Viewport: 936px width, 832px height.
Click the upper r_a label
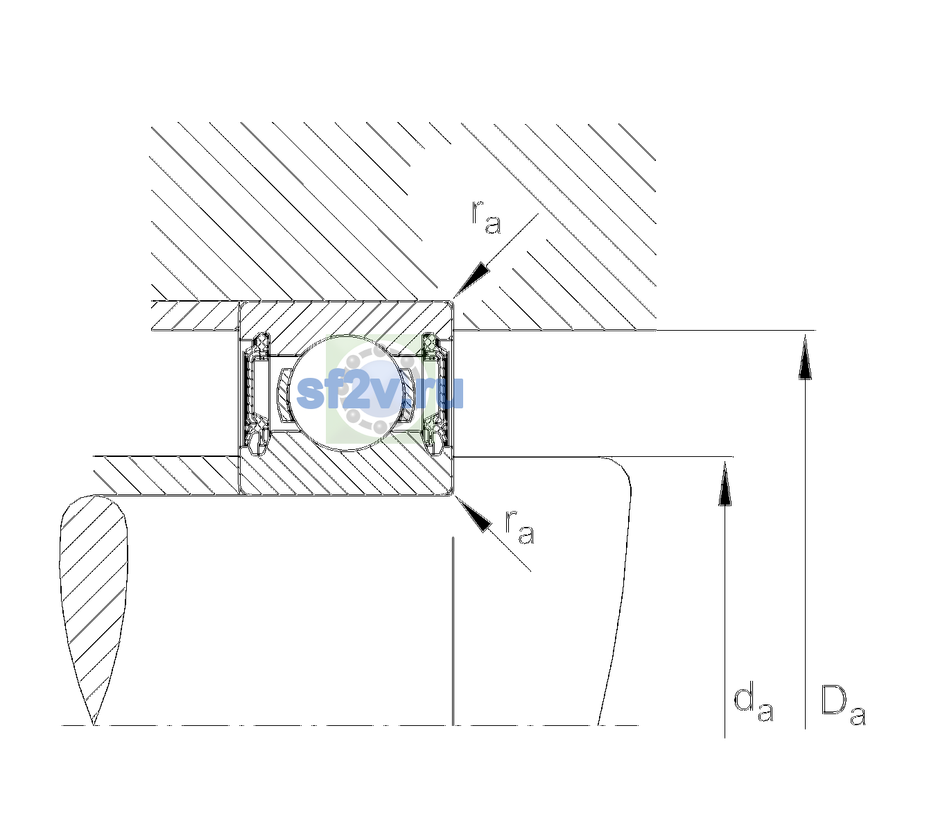click(486, 217)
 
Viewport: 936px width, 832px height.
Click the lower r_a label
click(520, 527)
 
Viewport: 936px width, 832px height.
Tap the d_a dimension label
click(754, 705)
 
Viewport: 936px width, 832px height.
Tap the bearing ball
click(347, 392)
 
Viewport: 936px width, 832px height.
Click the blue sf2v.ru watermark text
click(380, 392)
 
